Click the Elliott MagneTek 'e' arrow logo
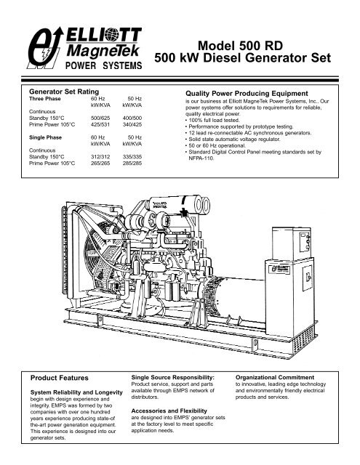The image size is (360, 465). click(45, 48)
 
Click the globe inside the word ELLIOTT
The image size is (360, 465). click(111, 35)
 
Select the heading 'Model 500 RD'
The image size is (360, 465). click(240, 46)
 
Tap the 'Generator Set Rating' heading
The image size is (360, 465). click(64, 92)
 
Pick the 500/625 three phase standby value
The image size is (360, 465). click(100, 118)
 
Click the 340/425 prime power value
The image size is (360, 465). click(132, 124)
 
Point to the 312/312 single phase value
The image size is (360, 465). click(100, 157)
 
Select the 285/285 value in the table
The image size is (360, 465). click(132, 163)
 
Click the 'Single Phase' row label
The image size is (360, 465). click(45, 137)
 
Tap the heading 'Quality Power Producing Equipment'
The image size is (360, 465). click(247, 94)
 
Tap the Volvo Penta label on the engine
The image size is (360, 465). click(160, 205)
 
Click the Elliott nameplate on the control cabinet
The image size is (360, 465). click(279, 268)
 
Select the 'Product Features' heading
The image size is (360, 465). click(60, 378)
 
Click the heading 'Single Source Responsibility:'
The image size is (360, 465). click(173, 378)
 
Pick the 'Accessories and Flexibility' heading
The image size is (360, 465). click(169, 411)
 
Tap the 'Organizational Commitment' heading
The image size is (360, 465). click(275, 378)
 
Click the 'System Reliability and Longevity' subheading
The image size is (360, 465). click(76, 392)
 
